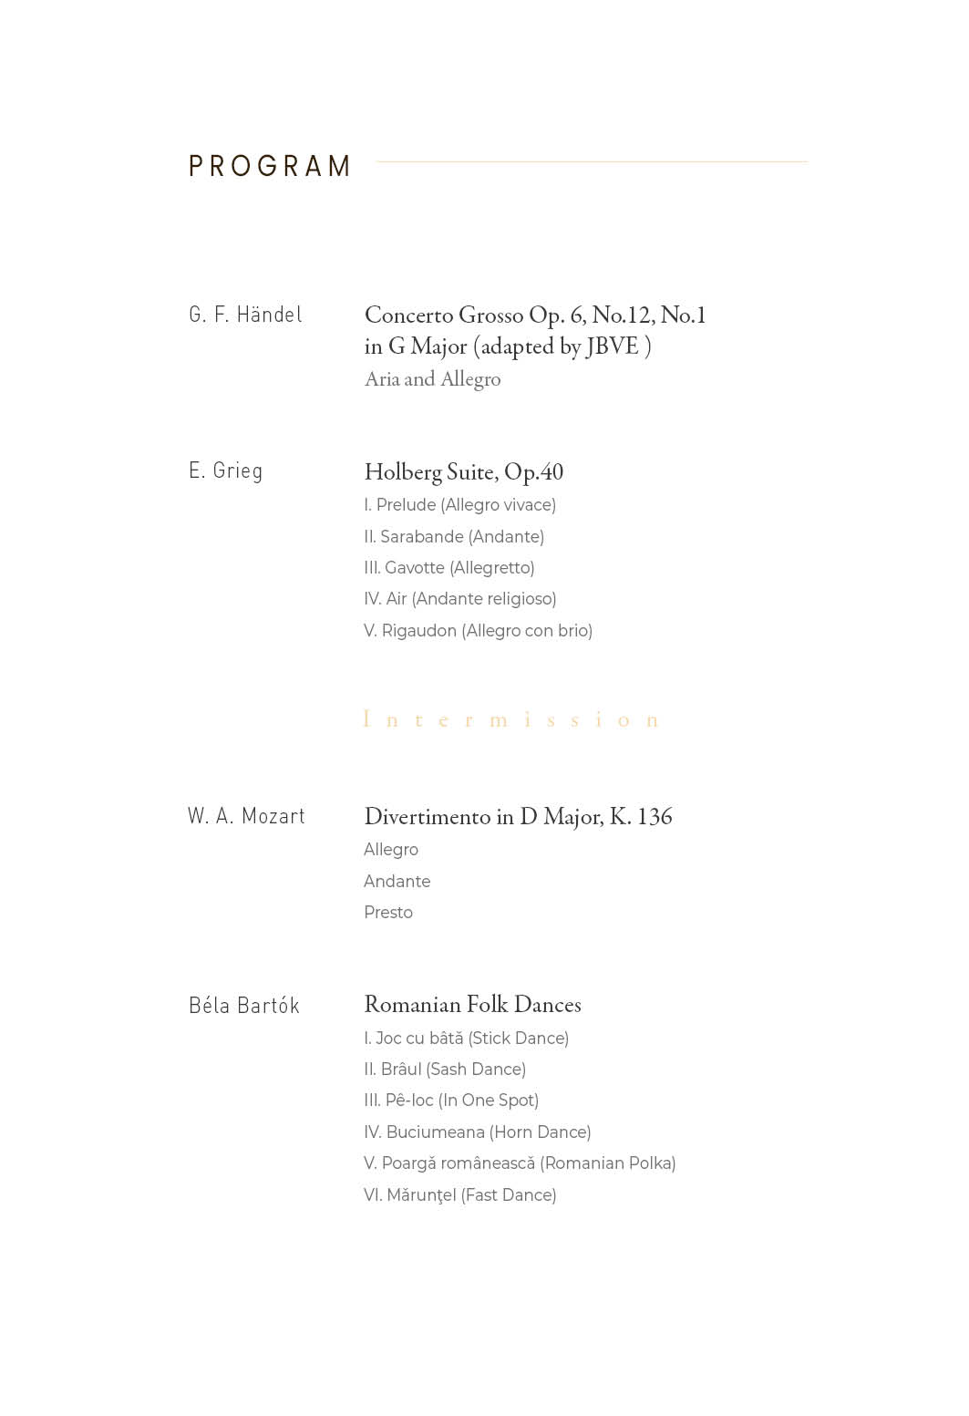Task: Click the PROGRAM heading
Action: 269,166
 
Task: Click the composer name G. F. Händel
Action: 245,315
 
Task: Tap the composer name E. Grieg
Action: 225,470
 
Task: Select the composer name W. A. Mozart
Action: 246,816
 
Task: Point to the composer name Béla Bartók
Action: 243,1006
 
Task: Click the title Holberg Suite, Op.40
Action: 463,472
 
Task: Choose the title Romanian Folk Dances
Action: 472,1005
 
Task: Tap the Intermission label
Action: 511,720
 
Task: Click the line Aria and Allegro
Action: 432,379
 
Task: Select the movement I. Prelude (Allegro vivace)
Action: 459,505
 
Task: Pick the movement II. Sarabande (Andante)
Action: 453,537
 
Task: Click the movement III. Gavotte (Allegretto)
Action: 448,568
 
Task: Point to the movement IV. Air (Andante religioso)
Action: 459,599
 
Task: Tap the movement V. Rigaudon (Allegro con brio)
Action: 478,631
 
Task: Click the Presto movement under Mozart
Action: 387,913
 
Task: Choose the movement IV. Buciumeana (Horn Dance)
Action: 477,1132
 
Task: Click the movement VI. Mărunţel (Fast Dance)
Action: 459,1195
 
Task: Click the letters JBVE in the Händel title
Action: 613,347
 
